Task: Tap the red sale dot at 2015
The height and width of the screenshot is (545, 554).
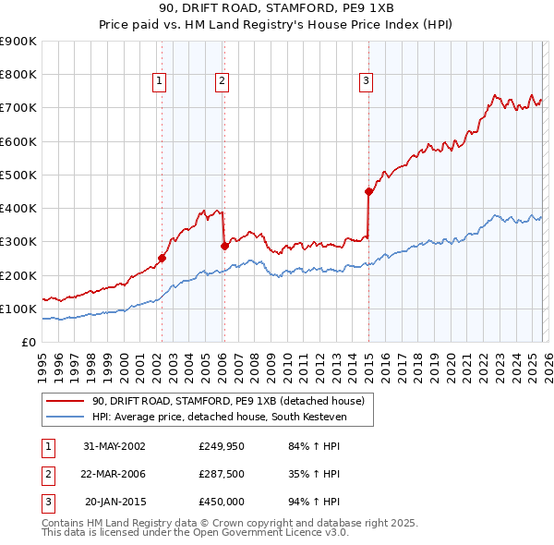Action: point(368,192)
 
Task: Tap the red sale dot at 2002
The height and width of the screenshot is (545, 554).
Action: point(162,259)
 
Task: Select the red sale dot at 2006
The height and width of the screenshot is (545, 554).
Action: point(223,246)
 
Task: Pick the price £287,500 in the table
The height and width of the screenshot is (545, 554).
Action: point(222,475)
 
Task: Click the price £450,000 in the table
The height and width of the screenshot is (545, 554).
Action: point(222,502)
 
